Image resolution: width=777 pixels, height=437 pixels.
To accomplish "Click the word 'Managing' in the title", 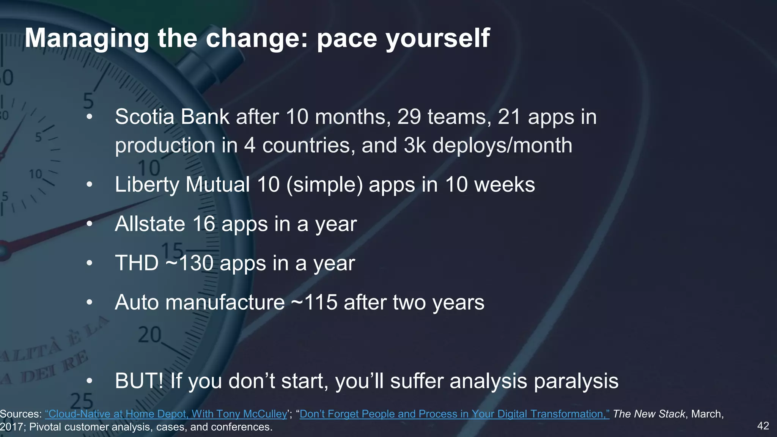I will (87, 39).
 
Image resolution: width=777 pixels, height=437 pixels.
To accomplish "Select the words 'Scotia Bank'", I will (172, 116).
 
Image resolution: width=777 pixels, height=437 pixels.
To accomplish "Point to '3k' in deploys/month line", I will (415, 145).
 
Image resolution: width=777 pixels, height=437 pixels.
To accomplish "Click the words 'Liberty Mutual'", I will (182, 185).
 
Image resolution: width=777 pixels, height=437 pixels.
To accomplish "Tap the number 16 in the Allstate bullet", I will (204, 224).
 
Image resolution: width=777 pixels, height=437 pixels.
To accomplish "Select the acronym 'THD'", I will (137, 263).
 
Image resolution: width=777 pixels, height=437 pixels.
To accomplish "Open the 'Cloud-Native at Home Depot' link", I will (166, 414).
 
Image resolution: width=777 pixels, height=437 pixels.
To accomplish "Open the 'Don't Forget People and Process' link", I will (454, 414).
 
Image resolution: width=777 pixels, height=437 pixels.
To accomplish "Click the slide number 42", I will (763, 426).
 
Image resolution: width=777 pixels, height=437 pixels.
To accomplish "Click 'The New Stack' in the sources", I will (649, 414).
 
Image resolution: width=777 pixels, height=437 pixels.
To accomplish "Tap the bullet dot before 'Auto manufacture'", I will (89, 303).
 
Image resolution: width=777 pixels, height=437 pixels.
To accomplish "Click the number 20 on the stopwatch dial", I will (149, 335).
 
